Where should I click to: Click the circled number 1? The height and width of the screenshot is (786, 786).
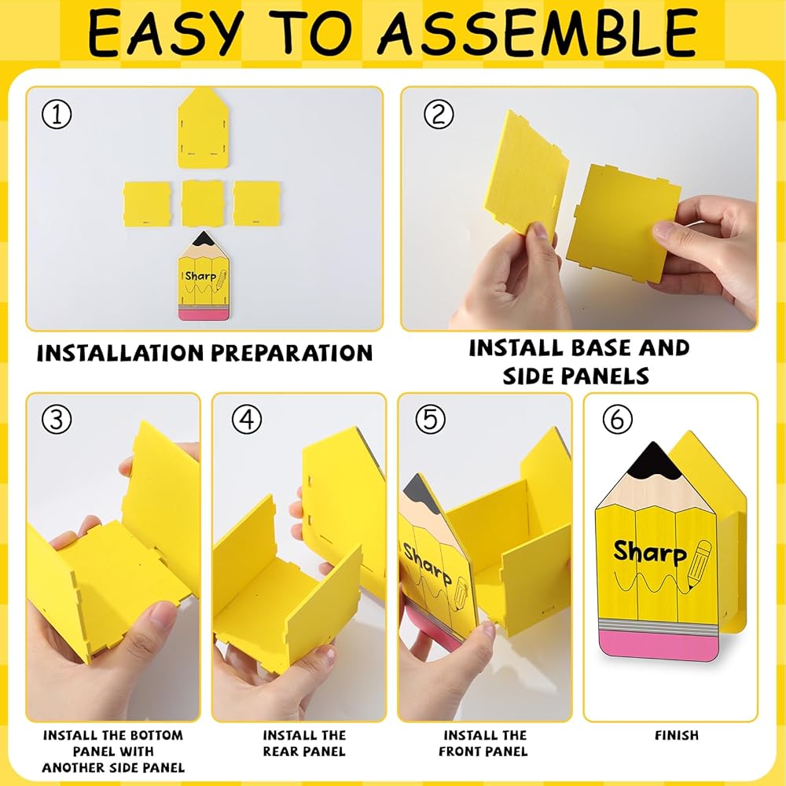(57, 114)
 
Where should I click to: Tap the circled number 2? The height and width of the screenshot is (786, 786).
(439, 114)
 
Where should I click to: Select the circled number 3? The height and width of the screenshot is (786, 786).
(57, 419)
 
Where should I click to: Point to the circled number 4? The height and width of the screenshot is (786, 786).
(247, 419)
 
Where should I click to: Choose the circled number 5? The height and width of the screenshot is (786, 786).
(430, 419)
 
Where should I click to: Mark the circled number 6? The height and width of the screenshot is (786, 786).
(617, 419)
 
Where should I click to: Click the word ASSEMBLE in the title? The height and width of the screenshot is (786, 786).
(538, 32)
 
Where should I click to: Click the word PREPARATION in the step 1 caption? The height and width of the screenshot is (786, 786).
(292, 353)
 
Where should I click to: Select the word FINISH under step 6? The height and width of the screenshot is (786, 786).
(676, 736)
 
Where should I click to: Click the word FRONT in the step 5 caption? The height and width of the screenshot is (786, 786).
(461, 751)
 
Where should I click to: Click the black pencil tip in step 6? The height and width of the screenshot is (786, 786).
(653, 460)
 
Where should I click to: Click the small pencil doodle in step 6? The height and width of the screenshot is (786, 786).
(699, 564)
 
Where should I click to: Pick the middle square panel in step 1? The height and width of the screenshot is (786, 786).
(203, 204)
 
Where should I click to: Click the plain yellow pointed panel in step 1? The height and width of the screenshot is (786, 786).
(204, 128)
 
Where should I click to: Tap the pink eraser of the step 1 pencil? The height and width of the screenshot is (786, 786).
(204, 315)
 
